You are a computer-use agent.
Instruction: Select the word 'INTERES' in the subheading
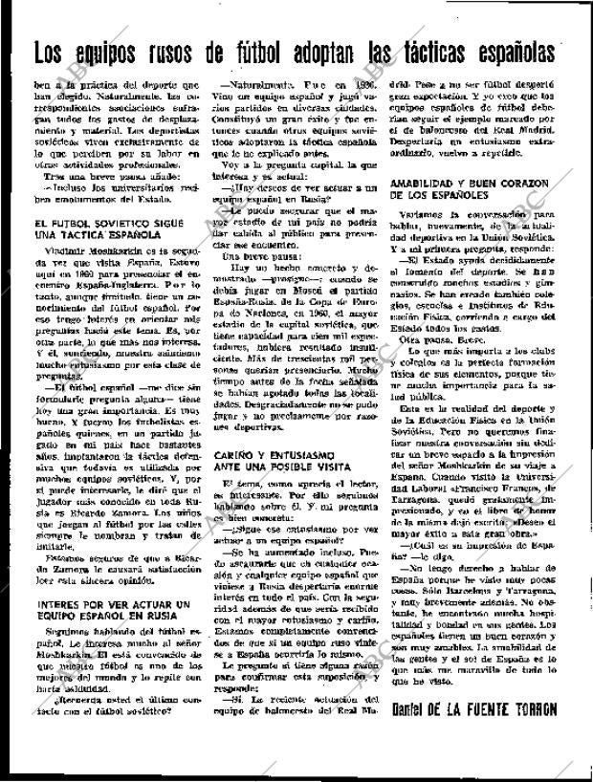pos(60,604)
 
